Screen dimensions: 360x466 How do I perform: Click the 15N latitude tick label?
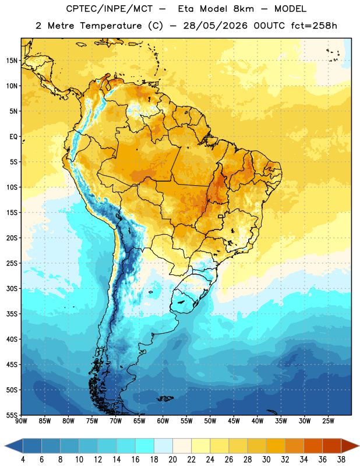[12, 61]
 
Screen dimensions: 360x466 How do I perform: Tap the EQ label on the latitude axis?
[13, 137]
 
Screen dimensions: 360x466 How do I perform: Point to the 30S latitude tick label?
[12, 288]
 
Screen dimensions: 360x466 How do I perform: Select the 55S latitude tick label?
[12, 415]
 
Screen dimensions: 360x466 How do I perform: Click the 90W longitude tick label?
[21, 421]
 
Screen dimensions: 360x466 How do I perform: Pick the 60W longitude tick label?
[163, 421]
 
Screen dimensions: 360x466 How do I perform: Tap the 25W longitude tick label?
[328, 421]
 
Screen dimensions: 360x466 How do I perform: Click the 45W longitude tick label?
[234, 421]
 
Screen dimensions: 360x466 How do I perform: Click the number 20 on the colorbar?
[172, 460]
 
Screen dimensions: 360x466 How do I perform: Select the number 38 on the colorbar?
[341, 460]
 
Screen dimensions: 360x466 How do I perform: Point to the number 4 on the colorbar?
[23, 460]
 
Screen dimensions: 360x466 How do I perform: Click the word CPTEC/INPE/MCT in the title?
[109, 9]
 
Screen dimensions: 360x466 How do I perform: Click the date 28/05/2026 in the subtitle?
[215, 26]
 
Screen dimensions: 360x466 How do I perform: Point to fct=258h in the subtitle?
[314, 26]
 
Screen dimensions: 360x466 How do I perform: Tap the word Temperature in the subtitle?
[111, 26]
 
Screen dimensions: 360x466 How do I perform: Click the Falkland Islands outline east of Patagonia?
[165, 398]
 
